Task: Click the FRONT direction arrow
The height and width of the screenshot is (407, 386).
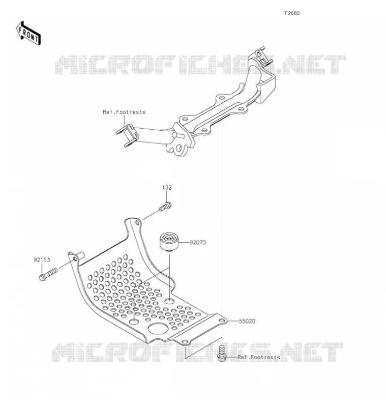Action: pos(28,34)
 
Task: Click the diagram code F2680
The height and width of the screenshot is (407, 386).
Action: pos(292,13)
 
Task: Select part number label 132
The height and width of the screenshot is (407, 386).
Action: pos(167,187)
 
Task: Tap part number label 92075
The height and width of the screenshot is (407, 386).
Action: pos(198,243)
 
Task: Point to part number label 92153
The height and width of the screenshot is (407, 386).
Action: pos(42,259)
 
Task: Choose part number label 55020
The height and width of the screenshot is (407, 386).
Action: pos(247,321)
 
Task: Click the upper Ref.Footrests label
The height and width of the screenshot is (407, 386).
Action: pos(124,112)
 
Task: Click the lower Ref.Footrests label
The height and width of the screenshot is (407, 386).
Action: pos(259,357)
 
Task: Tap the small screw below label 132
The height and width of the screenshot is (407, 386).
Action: pos(165,207)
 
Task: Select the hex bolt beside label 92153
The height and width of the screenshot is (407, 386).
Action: pos(48,274)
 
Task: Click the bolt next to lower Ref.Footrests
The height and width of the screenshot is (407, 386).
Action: pos(222,354)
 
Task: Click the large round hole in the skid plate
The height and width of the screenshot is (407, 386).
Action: pos(158,328)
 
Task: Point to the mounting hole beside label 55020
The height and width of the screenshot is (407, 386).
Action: pos(222,321)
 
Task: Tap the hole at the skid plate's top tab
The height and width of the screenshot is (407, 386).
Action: pos(137,223)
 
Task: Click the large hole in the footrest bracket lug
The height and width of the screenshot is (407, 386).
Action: pos(179,148)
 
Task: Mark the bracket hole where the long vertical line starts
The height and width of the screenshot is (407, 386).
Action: pos(222,98)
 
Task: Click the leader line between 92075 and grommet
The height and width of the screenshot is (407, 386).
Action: pos(184,243)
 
